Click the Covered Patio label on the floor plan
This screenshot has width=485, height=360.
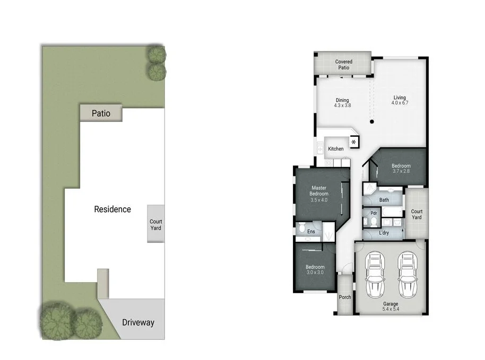343,65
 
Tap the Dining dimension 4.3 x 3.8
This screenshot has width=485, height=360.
342,106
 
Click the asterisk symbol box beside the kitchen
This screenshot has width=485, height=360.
354,142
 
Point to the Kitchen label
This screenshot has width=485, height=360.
335,149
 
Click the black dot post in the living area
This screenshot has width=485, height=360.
372,122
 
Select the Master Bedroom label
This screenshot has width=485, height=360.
319,190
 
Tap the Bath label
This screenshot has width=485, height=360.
384,200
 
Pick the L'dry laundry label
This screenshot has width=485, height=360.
384,233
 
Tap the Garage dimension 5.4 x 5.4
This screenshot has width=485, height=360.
390,309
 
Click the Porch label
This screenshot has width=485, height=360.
345,297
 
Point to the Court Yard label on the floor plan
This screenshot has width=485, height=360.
417,214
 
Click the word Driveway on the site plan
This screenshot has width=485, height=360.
138,322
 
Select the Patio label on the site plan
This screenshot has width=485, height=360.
101,113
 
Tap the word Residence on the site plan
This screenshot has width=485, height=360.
112,209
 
